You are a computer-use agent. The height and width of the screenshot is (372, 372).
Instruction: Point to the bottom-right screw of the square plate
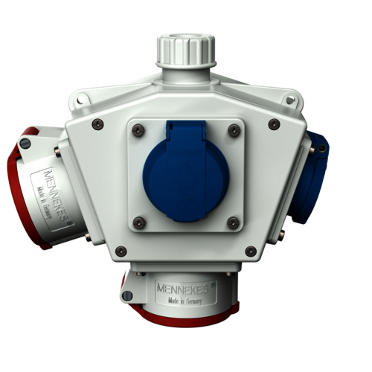tap(233, 221)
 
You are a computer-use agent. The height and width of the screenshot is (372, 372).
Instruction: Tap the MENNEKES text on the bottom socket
tap(182, 286)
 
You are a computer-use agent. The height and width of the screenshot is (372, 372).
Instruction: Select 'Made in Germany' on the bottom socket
tap(182, 299)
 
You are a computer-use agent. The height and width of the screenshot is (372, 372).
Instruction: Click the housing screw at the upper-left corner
tap(97, 124)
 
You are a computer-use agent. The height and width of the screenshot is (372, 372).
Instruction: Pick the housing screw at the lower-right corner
tap(251, 251)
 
